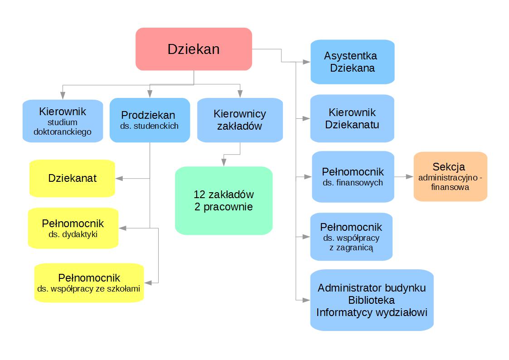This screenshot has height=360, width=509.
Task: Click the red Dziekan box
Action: click(194, 49)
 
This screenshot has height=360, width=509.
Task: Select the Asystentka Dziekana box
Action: click(352, 62)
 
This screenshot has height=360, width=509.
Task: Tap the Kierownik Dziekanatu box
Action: click(352, 118)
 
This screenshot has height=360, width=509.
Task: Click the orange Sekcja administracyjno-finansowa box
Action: click(450, 176)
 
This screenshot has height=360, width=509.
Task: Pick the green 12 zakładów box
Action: click(223, 200)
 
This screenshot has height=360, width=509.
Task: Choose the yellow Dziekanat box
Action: click(72, 178)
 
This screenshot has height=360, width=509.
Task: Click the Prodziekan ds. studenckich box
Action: click(150, 120)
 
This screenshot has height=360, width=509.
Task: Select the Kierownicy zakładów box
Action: click(240, 120)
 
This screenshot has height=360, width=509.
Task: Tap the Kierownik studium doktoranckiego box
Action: click(63, 121)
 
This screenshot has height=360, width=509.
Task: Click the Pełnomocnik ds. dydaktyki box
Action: click(73, 228)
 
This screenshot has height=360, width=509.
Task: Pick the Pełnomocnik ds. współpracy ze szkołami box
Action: click(89, 282)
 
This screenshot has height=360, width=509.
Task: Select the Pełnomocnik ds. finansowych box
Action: click(353, 176)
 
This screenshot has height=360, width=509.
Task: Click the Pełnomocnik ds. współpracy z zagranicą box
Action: click(351, 237)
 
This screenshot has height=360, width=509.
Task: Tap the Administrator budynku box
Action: click(372, 288)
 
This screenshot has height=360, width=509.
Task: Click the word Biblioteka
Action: click(371, 300)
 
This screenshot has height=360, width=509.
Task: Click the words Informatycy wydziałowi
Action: click(372, 312)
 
